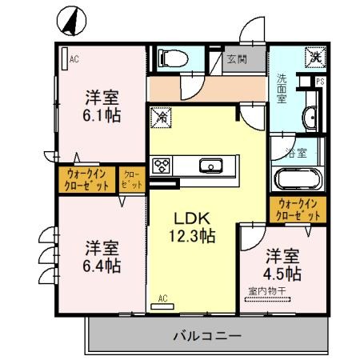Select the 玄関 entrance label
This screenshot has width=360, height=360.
pyautogui.click(x=236, y=58)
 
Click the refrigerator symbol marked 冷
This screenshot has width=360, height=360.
pyautogui.click(x=160, y=115)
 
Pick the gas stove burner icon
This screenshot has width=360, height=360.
pyautogui.click(x=163, y=166)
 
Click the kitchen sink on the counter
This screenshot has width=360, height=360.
pyautogui.click(x=212, y=165)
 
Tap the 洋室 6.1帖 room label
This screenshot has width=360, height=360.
pyautogui.click(x=103, y=107)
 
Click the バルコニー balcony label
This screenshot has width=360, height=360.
pyautogui.click(x=206, y=336)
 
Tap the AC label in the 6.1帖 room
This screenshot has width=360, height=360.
pyautogui.click(x=74, y=59)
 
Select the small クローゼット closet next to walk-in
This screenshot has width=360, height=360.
pyautogui.click(x=131, y=178)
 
